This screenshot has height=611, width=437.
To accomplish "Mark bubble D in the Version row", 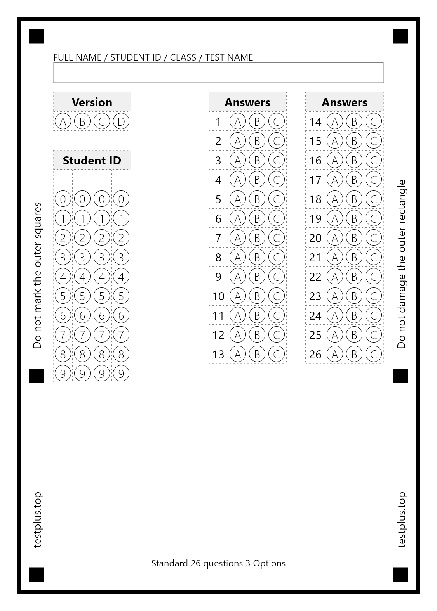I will [121, 121].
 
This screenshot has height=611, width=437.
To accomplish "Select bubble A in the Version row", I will [63, 121].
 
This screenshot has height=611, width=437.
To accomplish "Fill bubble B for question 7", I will [257, 238].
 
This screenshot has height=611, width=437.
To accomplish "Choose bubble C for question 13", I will [277, 354].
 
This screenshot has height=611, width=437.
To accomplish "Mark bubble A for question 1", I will [238, 121].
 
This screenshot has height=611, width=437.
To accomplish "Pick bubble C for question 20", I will [374, 238].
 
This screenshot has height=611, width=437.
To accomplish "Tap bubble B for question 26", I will [354, 354].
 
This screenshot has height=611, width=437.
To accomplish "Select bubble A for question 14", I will [335, 121].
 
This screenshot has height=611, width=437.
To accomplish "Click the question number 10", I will [218, 296].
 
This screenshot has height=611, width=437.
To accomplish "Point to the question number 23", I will [315, 296].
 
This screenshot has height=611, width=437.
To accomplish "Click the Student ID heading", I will [92, 160].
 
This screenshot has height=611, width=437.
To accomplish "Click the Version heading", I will [92, 102].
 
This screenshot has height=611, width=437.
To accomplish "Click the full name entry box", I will [218, 73].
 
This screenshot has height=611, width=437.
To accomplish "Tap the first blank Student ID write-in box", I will [63, 179].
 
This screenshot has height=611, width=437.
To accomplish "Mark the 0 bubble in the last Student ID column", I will [121, 199].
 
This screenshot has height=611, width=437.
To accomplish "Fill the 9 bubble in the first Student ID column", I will [63, 374].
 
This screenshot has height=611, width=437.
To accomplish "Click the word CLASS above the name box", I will [183, 57].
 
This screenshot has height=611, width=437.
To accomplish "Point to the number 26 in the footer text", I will [196, 563].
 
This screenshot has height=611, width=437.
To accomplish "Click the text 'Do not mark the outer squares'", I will [37, 275].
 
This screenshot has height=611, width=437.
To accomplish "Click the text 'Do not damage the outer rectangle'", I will [402, 264].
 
